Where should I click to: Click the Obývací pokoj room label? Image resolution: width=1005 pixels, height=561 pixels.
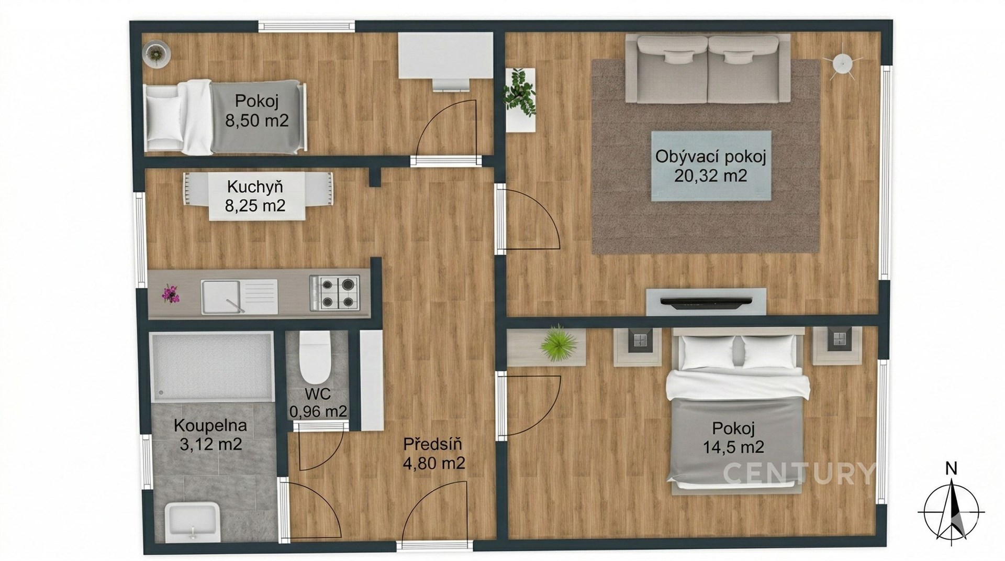click(x=710, y=157)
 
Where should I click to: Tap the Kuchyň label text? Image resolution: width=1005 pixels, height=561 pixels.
click(x=255, y=186)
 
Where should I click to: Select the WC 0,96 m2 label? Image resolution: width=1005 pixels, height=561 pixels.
click(x=318, y=403)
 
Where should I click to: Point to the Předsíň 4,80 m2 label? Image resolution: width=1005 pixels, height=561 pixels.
click(x=434, y=453)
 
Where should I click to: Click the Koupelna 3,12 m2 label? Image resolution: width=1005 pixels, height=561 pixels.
click(x=210, y=434)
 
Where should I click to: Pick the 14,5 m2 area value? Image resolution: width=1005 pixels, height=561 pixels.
click(x=733, y=447)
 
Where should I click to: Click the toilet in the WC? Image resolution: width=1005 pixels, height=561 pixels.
click(x=315, y=358)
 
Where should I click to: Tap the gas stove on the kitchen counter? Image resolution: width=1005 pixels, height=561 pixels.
click(x=334, y=292)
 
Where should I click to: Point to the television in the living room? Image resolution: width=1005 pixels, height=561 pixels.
click(x=706, y=301)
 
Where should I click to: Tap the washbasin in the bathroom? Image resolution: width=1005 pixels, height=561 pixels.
click(x=192, y=522)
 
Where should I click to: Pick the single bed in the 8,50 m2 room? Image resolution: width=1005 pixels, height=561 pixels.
click(x=225, y=117)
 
